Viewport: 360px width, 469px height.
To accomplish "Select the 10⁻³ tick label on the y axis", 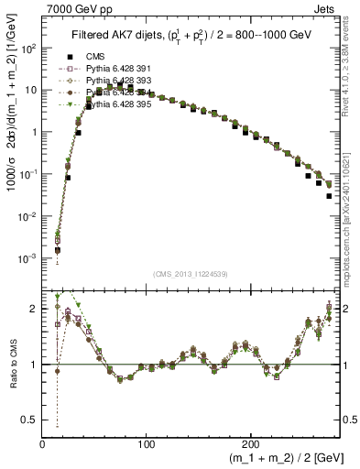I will [27, 259].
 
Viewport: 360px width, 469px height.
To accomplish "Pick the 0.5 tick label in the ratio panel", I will [31, 420].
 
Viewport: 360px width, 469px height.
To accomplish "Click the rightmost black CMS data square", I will [329, 195].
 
